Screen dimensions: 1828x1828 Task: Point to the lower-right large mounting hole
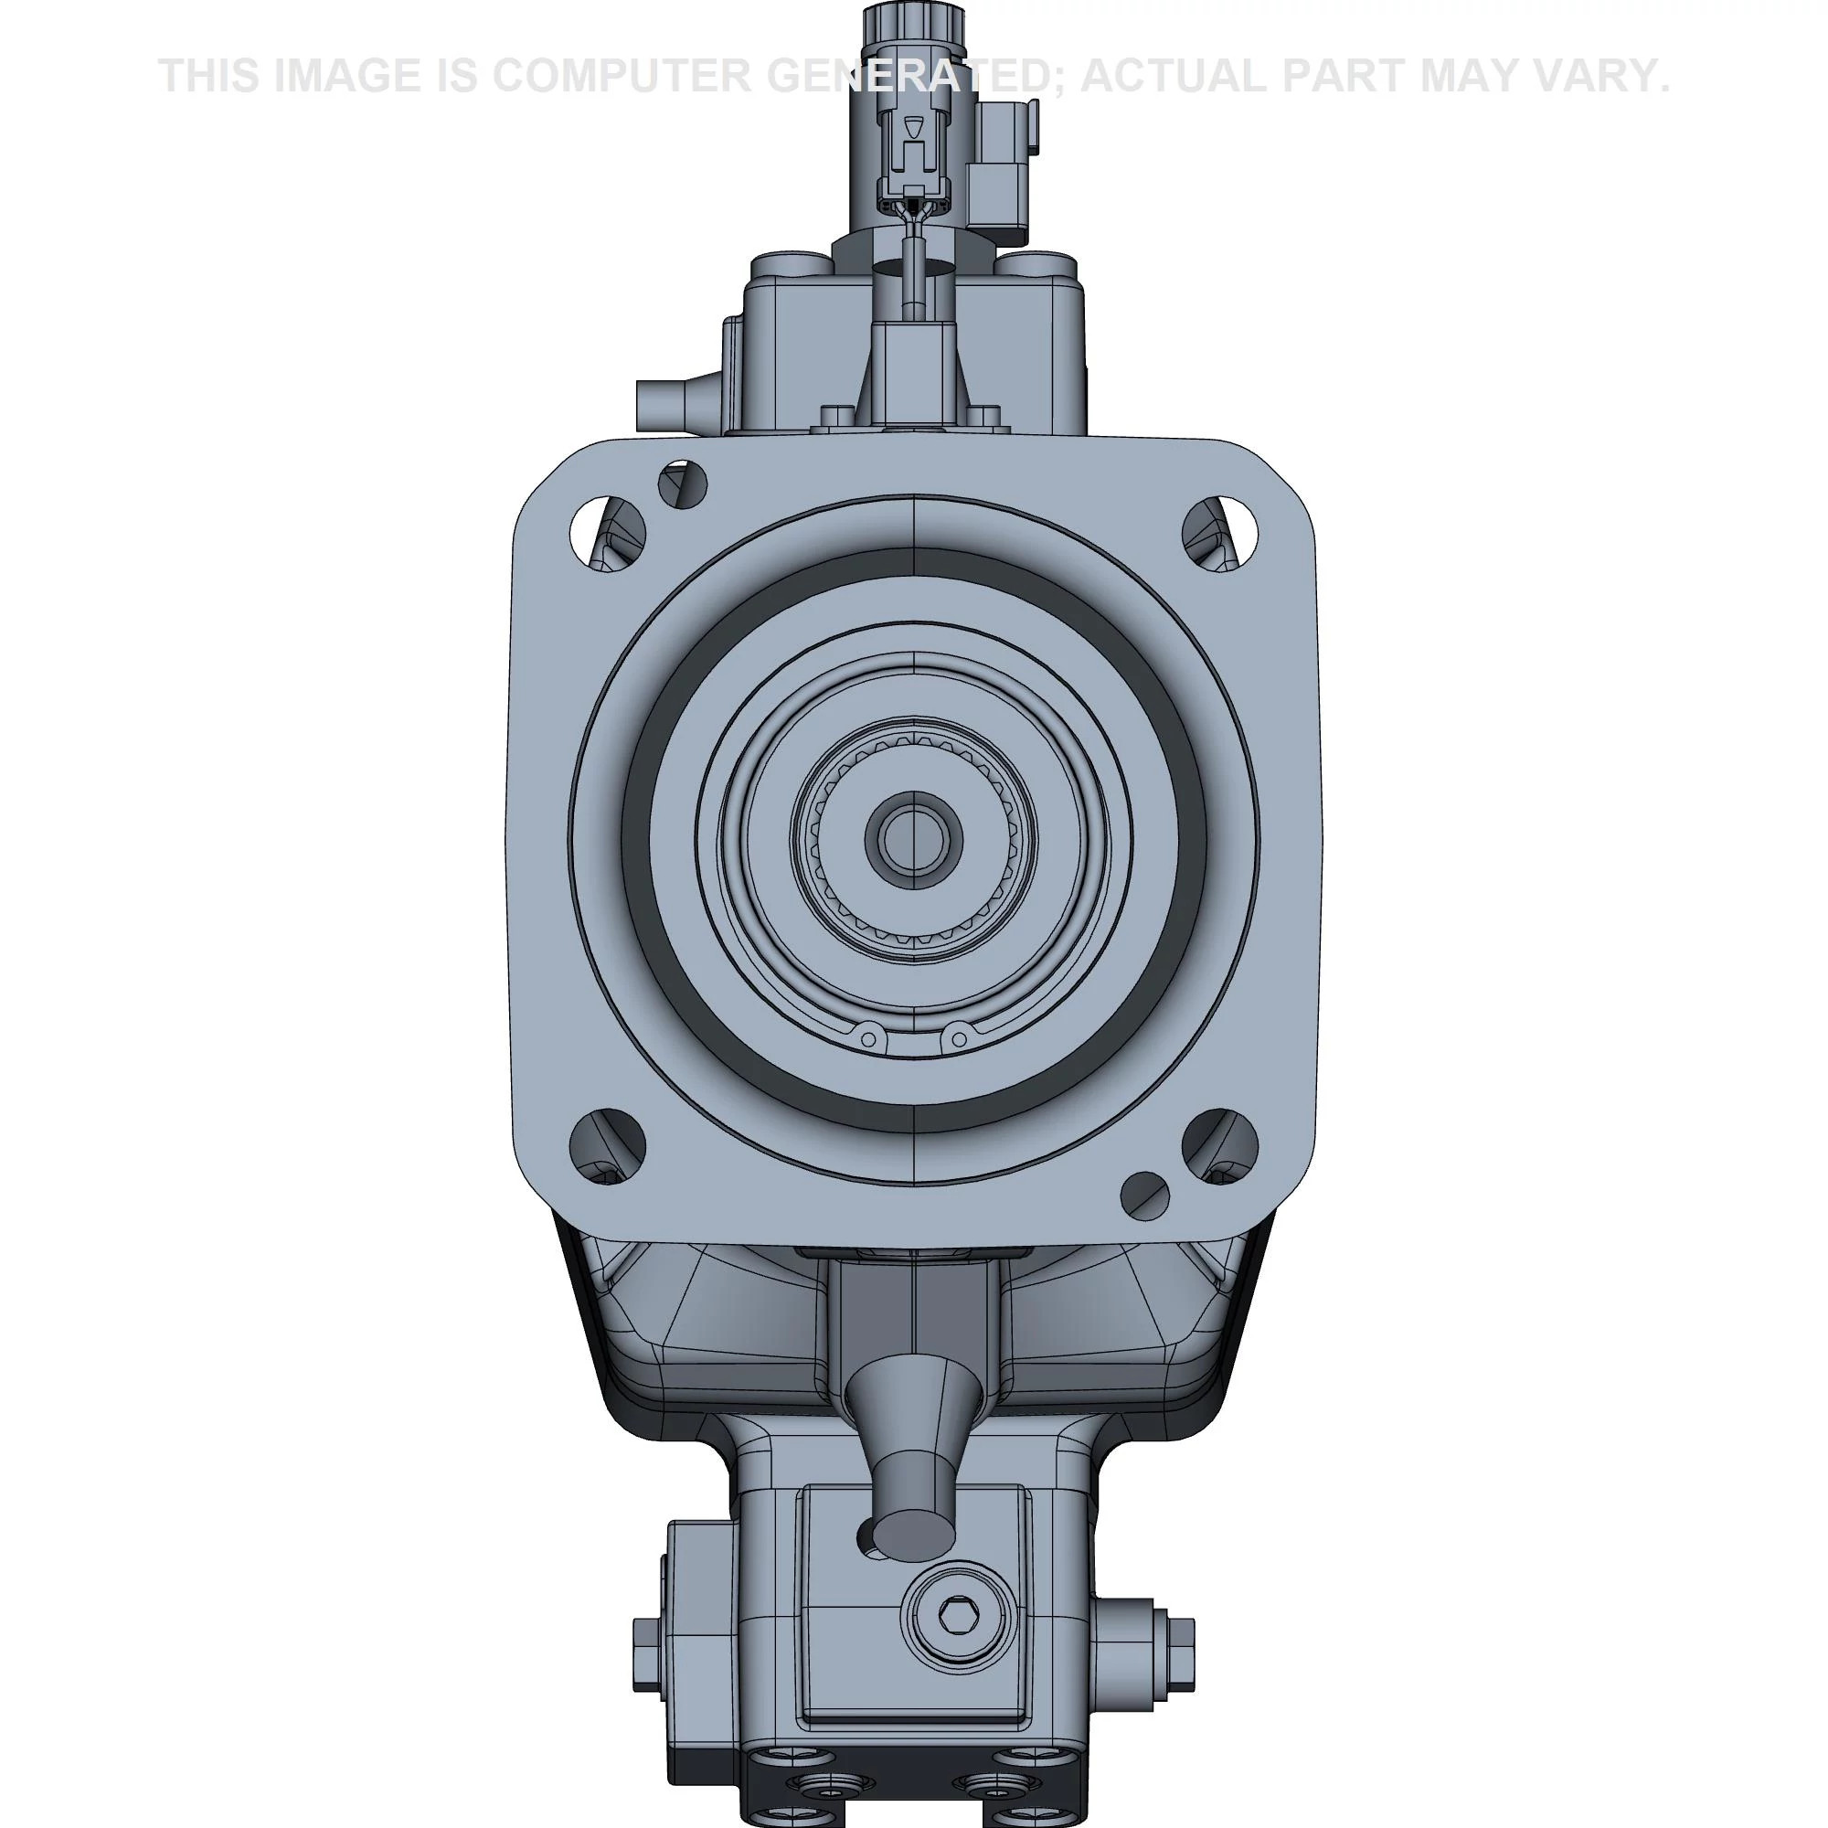coord(1220,1146)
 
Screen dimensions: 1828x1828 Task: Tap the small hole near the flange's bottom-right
coord(1145,1196)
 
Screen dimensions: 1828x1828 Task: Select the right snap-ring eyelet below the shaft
coord(958,1038)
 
